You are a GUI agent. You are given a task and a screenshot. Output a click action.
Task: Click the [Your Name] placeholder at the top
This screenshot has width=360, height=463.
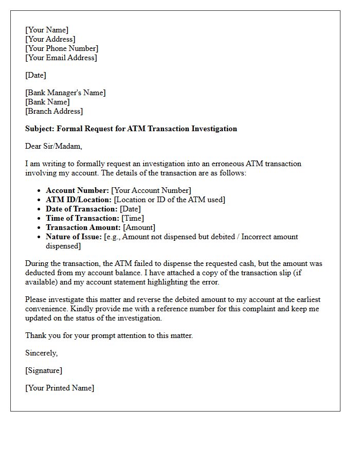pyautogui.click(x=47, y=30)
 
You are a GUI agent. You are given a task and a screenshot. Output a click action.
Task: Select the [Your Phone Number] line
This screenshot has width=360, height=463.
pyautogui.click(x=62, y=48)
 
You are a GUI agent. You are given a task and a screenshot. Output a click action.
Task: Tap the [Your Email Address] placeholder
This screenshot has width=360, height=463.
pyautogui.click(x=61, y=58)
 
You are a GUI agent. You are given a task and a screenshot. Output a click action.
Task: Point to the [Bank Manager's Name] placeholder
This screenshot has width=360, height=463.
pyautogui.click(x=65, y=93)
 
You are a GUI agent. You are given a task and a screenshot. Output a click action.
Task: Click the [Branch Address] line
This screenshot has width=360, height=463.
pyautogui.click(x=54, y=111)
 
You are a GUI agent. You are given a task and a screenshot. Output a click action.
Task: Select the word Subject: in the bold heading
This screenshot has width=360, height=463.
pyautogui.click(x=41, y=129)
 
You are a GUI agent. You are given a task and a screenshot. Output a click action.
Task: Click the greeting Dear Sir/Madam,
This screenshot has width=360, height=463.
pyautogui.click(x=53, y=146)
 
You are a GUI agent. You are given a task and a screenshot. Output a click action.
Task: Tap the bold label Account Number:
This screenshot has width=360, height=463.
pyautogui.click(x=77, y=190)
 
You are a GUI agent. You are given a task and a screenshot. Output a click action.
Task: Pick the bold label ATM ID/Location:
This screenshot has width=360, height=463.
pyautogui.click(x=79, y=200)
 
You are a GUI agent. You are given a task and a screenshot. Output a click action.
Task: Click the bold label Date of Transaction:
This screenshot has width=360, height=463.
pyautogui.click(x=82, y=209)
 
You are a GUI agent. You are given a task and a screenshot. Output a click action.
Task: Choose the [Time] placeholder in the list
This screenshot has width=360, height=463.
pyautogui.click(x=133, y=218)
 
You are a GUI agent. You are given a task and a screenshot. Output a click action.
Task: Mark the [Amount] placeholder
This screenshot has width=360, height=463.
pyautogui.click(x=139, y=227)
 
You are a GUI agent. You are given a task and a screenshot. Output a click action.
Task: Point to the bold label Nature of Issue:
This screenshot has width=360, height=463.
pyautogui.click(x=74, y=237)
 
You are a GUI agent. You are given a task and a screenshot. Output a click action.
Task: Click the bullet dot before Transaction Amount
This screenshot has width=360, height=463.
pyautogui.click(x=40, y=227)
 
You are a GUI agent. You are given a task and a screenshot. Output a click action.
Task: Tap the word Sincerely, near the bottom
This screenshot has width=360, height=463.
pyautogui.click(x=42, y=353)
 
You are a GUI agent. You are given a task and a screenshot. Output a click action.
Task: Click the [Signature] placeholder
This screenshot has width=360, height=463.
pyautogui.click(x=44, y=370)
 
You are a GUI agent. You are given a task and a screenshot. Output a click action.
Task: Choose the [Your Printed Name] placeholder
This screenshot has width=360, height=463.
pyautogui.click(x=60, y=388)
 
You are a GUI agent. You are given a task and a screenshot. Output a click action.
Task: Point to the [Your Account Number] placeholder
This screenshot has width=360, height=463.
pyautogui.click(x=151, y=190)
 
